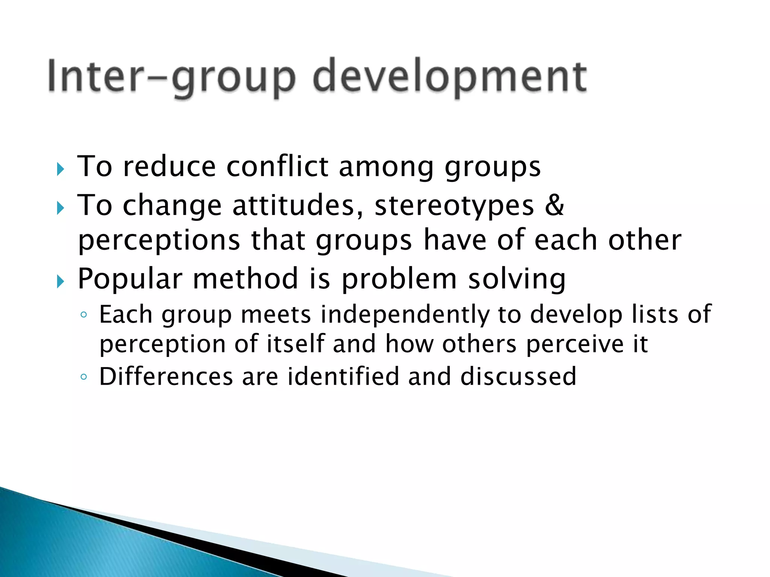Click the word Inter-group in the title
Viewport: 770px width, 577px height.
pyautogui.click(x=171, y=77)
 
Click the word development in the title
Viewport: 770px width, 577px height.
pyautogui.click(x=449, y=77)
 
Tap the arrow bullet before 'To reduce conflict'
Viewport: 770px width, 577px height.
pyautogui.click(x=61, y=169)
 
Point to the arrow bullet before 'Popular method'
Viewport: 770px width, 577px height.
pyautogui.click(x=61, y=281)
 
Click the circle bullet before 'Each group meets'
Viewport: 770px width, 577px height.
pyautogui.click(x=84, y=315)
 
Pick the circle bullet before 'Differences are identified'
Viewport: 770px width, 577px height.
pyautogui.click(x=84, y=377)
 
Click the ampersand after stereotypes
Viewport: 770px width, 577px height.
pyautogui.click(x=555, y=205)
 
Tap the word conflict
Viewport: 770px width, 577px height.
pyautogui.click(x=277, y=166)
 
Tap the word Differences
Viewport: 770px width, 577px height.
pyautogui.click(x=166, y=376)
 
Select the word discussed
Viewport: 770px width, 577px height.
pyautogui.click(x=518, y=376)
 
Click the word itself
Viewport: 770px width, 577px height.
pyautogui.click(x=296, y=344)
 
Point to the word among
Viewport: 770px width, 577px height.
pyautogui.click(x=386, y=166)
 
